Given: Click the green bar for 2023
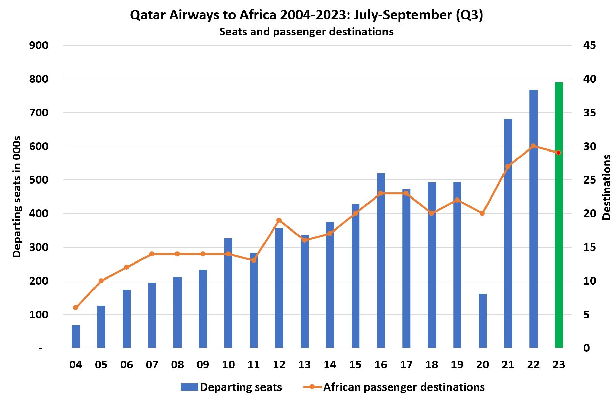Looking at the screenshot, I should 559,215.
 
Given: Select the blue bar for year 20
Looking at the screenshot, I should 482,320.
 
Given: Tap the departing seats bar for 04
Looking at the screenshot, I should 76,336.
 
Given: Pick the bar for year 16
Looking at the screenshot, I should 381,260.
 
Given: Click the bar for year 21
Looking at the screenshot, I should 508,233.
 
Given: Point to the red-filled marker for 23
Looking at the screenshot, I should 558,153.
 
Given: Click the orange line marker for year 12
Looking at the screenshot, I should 279,220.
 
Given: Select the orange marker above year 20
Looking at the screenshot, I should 482,213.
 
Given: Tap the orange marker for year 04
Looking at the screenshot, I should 76,307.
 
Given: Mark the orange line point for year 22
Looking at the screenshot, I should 533,146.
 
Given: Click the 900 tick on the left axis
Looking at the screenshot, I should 39,45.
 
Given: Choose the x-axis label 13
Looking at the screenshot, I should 304,365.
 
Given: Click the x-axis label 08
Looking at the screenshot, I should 177,365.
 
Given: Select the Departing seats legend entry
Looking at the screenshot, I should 231,387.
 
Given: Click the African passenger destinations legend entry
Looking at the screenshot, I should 394,387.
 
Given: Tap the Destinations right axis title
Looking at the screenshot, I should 606,187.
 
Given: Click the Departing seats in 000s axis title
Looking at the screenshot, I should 17,197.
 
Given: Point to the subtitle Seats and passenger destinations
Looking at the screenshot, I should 306,32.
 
